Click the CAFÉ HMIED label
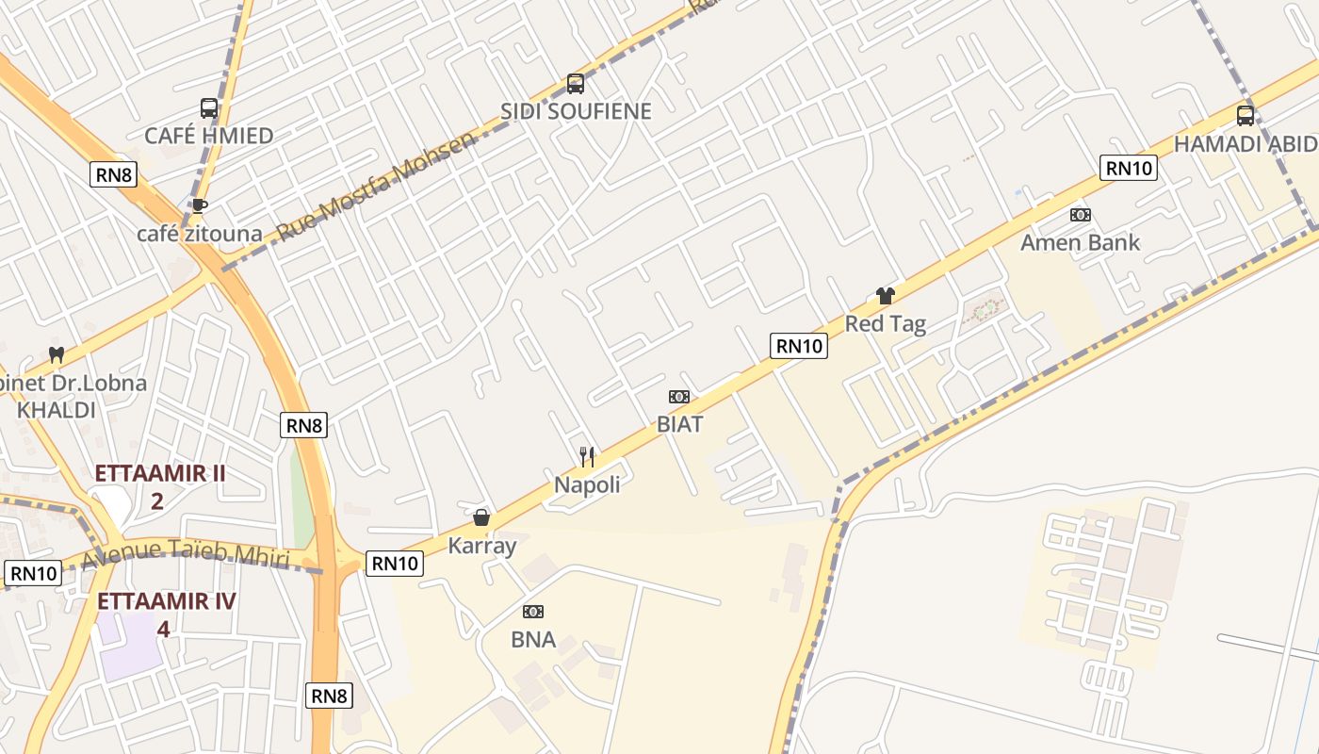point(208,136)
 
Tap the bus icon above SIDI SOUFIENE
point(575,84)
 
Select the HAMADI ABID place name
point(1245,144)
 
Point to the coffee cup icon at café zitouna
point(199,205)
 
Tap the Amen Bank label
point(1080,242)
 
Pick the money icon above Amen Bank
point(1080,215)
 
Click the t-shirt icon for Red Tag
point(885,296)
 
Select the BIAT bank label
point(679,424)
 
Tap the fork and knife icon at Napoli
point(587,457)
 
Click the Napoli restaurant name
point(587,484)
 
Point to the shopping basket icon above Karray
point(481,517)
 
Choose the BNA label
point(533,640)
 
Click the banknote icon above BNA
point(533,612)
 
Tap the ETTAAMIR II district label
point(160,473)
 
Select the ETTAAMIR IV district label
point(166,601)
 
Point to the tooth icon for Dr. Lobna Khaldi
point(57,355)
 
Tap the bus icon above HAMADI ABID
point(1245,116)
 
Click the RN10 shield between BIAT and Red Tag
point(799,346)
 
